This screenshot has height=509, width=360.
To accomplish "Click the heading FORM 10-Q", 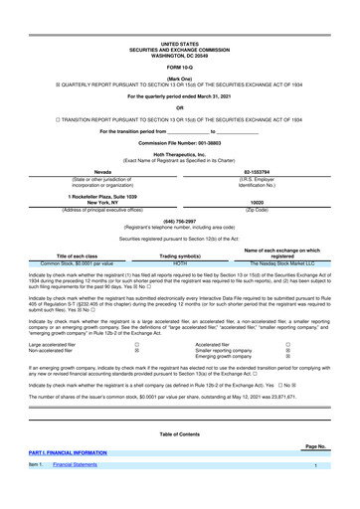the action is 179,67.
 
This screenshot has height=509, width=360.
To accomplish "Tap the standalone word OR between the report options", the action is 179,107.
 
